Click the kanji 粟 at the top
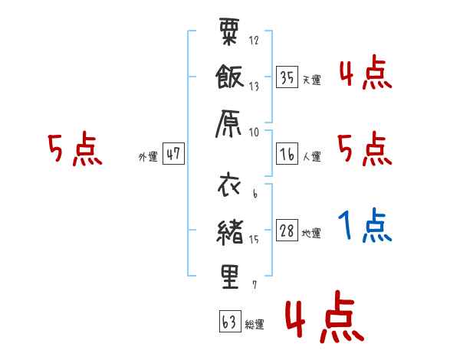point(229,31)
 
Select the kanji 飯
point(229,77)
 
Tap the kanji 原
point(228,123)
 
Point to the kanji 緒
point(230,232)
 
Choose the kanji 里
point(230,277)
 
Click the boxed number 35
point(287,77)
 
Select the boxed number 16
point(287,154)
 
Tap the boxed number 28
point(287,230)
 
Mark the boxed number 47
point(173,153)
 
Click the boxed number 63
point(230,321)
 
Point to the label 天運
point(312,80)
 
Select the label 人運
point(312,156)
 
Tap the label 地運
point(311,234)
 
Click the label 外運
point(148,156)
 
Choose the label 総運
point(255,324)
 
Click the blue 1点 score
point(365,225)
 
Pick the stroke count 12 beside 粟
point(254,40)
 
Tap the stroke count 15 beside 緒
point(254,240)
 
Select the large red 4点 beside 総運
point(324,316)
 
